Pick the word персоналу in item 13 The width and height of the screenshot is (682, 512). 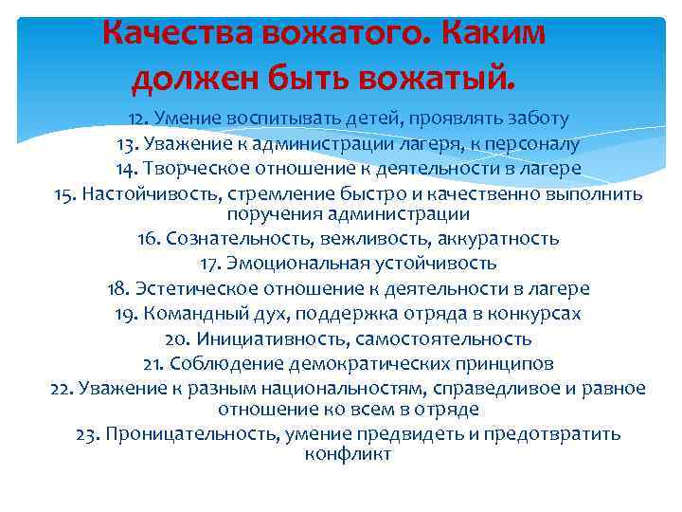pyautogui.click(x=529, y=144)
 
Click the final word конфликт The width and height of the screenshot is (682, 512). pyautogui.click(x=348, y=454)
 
